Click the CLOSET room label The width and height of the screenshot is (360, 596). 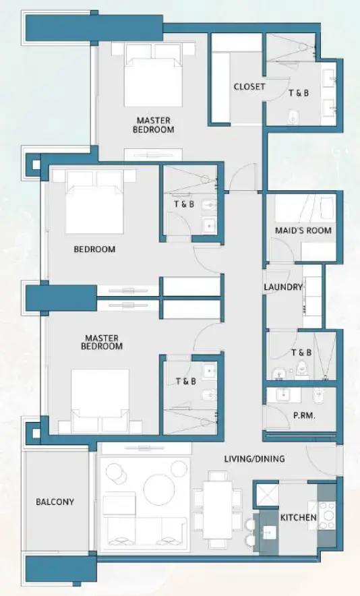[x=249, y=86]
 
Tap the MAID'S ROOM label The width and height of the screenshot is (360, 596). [x=303, y=231]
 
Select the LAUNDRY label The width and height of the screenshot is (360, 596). [x=283, y=287]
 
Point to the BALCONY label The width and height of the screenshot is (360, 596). [x=55, y=502]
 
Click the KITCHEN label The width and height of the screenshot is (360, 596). [x=299, y=517]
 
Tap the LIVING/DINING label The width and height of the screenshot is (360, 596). [x=254, y=459]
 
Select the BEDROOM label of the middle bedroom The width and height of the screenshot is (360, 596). [x=94, y=249]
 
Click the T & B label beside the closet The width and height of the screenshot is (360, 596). [x=299, y=92]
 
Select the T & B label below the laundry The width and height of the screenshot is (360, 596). [x=301, y=352]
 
